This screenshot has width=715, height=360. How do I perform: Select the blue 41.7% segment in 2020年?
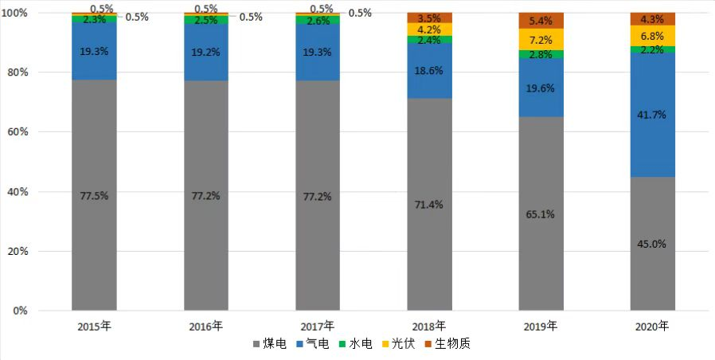(652, 115)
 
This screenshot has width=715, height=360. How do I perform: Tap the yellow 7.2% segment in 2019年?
(541, 39)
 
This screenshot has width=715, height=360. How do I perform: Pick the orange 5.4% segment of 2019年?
(541, 21)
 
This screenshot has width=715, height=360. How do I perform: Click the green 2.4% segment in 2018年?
(429, 39)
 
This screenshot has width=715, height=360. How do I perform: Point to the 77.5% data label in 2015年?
(94, 195)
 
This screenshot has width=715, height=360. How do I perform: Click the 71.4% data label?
(429, 205)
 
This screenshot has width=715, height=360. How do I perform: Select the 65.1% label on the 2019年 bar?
(541, 214)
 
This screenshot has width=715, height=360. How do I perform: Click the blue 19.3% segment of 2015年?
(94, 49)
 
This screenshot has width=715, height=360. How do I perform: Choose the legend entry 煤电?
(269, 344)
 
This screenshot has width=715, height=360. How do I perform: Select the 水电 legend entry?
(355, 344)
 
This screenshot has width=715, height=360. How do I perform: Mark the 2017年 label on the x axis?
(318, 326)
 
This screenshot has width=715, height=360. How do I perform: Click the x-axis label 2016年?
(206, 326)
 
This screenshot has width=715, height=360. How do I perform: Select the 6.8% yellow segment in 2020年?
(652, 36)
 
